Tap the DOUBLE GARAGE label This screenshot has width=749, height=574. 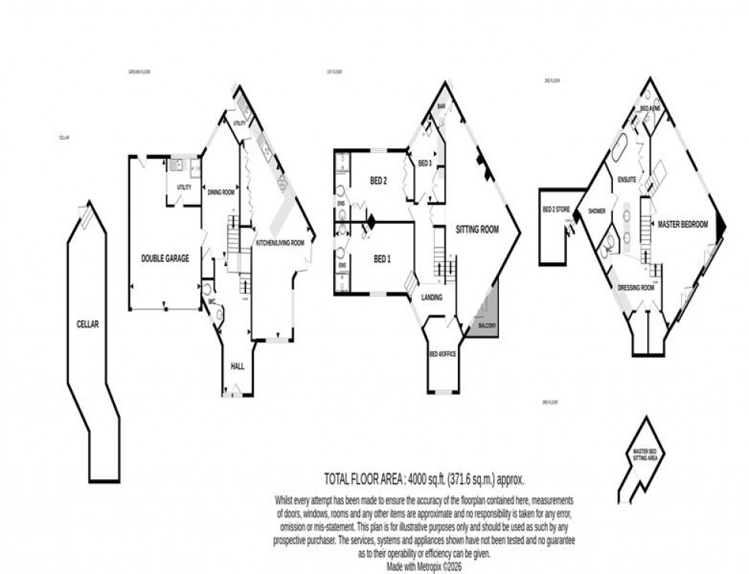tap(165, 258)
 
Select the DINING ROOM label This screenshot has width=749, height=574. tap(221, 193)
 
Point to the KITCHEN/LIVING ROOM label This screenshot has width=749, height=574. tap(280, 242)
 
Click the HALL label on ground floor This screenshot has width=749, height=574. tap(237, 367)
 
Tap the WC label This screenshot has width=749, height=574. tap(209, 301)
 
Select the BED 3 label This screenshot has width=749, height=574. tap(425, 163)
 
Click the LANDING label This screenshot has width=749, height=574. tap(432, 297)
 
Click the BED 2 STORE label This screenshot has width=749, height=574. tap(556, 209)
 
